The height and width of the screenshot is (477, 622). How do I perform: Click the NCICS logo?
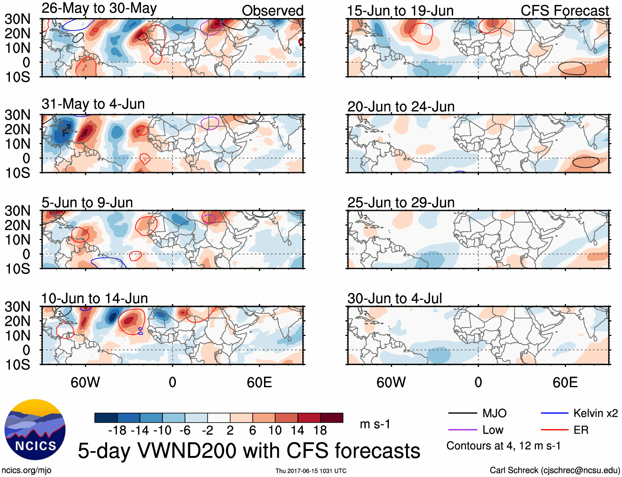tap(35, 430)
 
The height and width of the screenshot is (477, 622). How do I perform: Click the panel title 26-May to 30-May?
tap(99, 8)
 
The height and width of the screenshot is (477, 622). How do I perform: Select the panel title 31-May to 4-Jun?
tap(93, 104)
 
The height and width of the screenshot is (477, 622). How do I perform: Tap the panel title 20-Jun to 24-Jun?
tap(401, 107)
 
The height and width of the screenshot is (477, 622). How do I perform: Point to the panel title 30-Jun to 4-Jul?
tap(395, 298)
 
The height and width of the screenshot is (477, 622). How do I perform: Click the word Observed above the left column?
tap(273, 11)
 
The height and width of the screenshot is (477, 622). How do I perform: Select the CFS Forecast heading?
tap(564, 11)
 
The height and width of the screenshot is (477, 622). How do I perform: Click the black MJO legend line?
tap(463, 413)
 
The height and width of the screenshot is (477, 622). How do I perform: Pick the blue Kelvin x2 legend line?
tap(554, 413)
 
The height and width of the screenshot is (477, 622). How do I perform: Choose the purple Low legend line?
tap(463, 430)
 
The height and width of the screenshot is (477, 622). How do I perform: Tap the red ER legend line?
tap(554, 430)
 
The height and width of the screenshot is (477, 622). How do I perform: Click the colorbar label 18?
tap(320, 430)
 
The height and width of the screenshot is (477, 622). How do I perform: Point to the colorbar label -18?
tap(117, 430)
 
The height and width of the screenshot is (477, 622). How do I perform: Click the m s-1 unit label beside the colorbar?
tap(375, 424)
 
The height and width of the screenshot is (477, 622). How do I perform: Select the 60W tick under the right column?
tap(391, 382)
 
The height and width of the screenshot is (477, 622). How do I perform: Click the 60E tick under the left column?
tap(259, 382)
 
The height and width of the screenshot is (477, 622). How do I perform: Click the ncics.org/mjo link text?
tap(26, 470)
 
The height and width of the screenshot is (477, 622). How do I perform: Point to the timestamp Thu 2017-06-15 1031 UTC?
tap(311, 471)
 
